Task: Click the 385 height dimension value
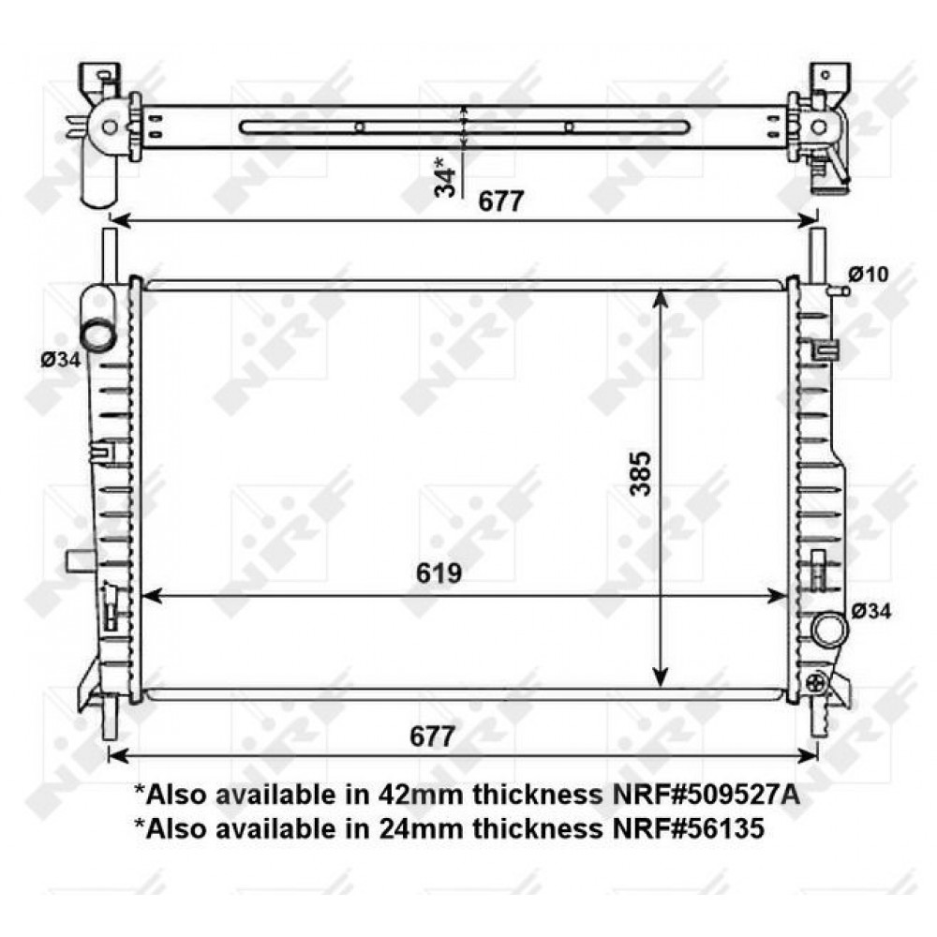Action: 640,473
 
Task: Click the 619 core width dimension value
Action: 439,573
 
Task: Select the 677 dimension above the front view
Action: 500,201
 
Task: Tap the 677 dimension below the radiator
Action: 433,736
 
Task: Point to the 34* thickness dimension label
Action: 445,176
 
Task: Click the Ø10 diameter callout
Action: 869,275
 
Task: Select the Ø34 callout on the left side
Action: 60,360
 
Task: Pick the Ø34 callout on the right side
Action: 870,611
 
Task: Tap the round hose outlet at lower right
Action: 829,630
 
